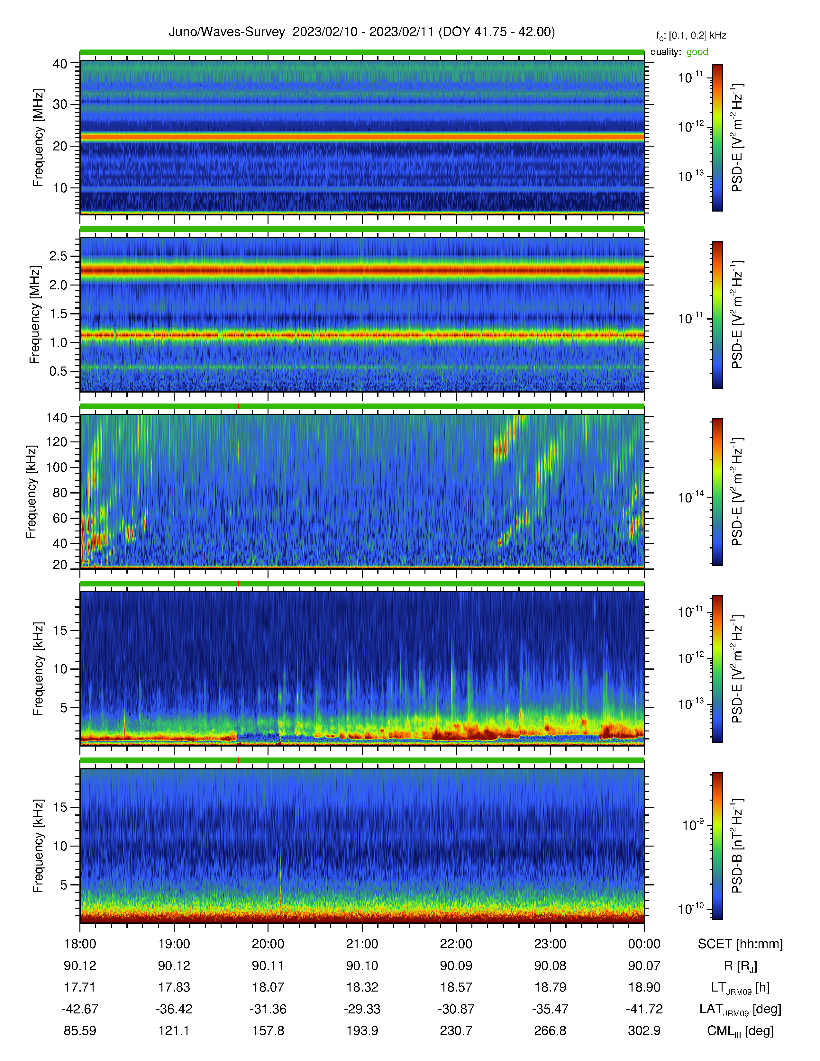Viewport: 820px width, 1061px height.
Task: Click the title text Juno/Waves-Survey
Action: pyautogui.click(x=226, y=32)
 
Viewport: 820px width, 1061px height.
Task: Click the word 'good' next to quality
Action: pyautogui.click(x=697, y=52)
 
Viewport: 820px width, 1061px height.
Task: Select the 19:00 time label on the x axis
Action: pyautogui.click(x=174, y=944)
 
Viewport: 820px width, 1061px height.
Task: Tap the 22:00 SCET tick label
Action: pyautogui.click(x=456, y=944)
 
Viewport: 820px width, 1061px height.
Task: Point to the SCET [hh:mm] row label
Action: pyautogui.click(x=740, y=944)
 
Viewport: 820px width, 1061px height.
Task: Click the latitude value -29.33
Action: pyautogui.click(x=362, y=1009)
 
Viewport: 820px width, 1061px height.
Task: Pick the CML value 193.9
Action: pyautogui.click(x=362, y=1030)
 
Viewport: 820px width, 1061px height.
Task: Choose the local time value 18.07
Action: pyautogui.click(x=268, y=987)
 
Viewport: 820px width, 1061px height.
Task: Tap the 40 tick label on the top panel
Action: pyautogui.click(x=60, y=64)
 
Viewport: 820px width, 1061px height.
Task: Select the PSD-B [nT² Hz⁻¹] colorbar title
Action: pyautogui.click(x=737, y=846)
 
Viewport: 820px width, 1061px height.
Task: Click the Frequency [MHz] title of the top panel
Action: pyautogui.click(x=38, y=138)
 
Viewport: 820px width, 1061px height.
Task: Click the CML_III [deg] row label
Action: pyautogui.click(x=740, y=1031)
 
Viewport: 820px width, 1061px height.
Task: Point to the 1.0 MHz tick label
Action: pyautogui.click(x=58, y=342)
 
